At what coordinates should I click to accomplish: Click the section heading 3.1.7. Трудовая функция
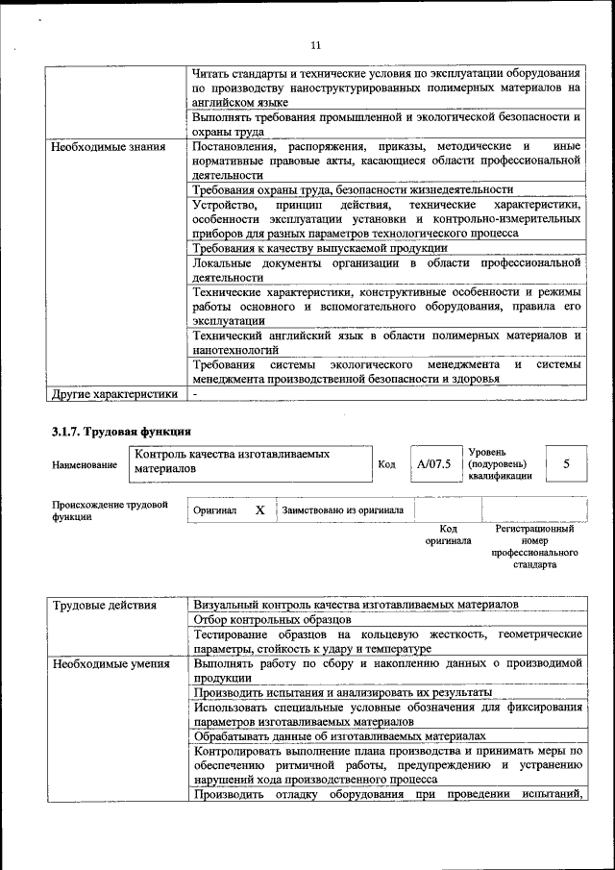pyautogui.click(x=121, y=431)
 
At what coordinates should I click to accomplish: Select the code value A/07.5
pyautogui.click(x=433, y=464)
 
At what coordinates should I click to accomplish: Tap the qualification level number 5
pyautogui.click(x=566, y=464)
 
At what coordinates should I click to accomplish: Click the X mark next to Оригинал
pyautogui.click(x=259, y=510)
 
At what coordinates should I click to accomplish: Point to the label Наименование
pyautogui.click(x=85, y=464)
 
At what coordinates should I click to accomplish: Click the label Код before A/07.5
pyautogui.click(x=386, y=464)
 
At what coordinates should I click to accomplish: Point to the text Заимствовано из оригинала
pyautogui.click(x=342, y=510)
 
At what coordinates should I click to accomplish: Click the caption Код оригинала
pyautogui.click(x=448, y=534)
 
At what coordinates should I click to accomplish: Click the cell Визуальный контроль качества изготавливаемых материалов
pyautogui.click(x=356, y=605)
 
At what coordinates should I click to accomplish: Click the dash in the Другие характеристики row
pyautogui.click(x=195, y=393)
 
